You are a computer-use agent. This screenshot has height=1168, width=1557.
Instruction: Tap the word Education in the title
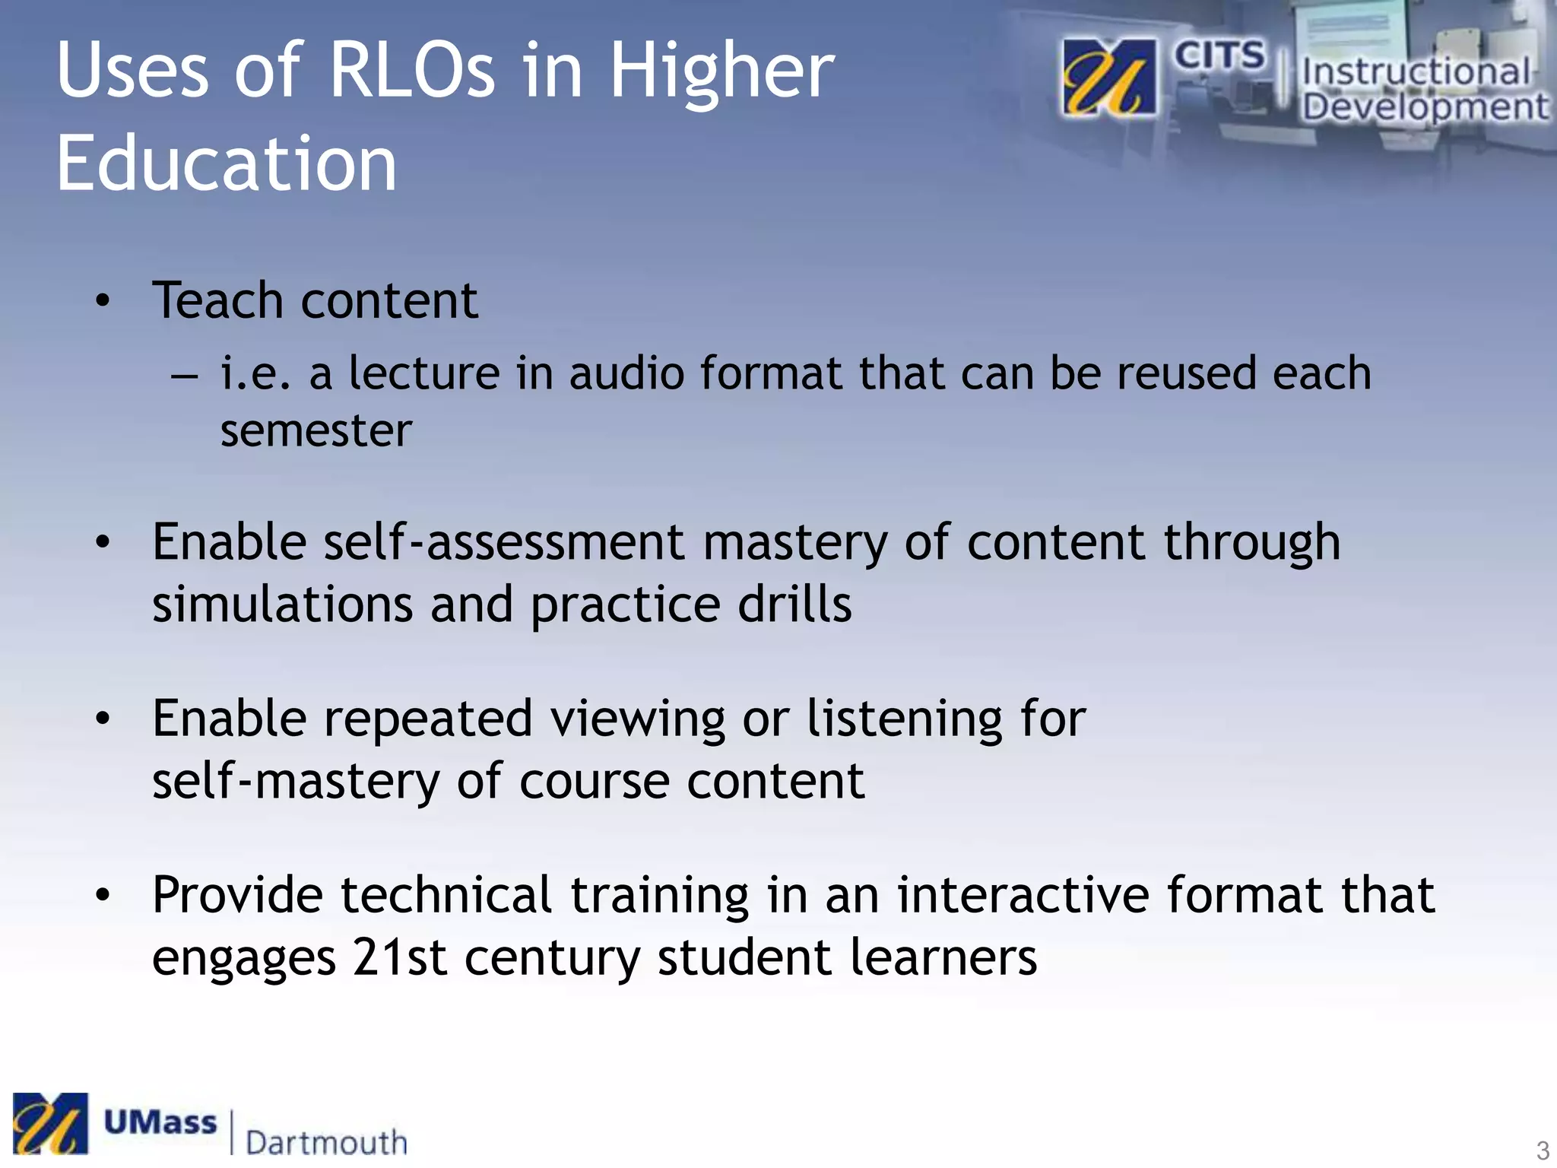[x=227, y=163]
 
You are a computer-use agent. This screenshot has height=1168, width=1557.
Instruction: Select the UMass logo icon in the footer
[x=50, y=1123]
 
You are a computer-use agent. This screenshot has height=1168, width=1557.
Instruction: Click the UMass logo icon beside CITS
[x=1109, y=77]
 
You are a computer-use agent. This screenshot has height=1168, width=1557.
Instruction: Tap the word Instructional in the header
[x=1415, y=72]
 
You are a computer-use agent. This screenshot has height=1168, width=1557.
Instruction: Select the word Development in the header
[x=1424, y=107]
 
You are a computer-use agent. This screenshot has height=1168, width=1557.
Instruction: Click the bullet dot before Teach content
[x=103, y=301]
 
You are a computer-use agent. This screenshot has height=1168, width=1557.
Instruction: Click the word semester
[x=316, y=431]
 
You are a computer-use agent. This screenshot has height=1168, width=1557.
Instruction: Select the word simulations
[x=282, y=605]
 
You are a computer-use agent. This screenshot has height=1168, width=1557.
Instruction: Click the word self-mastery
[x=295, y=781]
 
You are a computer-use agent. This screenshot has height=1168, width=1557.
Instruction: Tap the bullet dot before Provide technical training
[x=103, y=896]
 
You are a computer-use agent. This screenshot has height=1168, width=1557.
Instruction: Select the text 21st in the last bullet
[x=399, y=957]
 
